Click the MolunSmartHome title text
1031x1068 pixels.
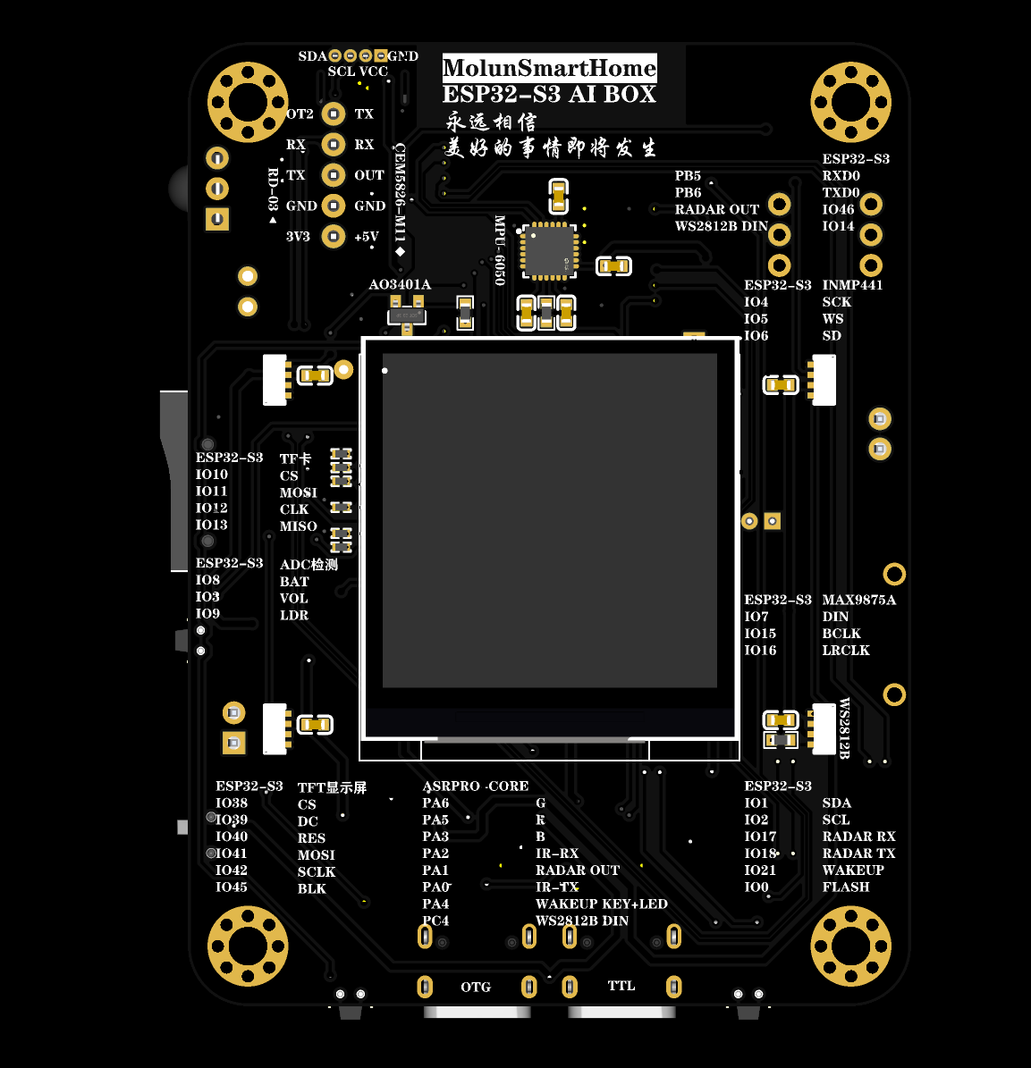coord(549,68)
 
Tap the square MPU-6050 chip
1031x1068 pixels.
coord(548,249)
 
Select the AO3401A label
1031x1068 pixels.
coord(400,284)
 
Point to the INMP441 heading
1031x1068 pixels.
coord(852,284)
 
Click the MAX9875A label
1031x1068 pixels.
coord(858,600)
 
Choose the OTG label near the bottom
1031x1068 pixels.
coord(476,987)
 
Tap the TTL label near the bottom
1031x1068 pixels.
coord(621,986)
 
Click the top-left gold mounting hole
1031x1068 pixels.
coord(248,102)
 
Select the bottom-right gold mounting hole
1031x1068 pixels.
coord(850,946)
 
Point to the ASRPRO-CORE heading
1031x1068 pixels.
coord(476,786)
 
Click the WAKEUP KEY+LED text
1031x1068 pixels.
coord(601,904)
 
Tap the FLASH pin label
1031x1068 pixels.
coord(845,887)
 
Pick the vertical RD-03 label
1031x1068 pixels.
coord(274,190)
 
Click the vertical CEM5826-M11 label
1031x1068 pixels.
coord(400,193)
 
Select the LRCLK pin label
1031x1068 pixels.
coord(845,650)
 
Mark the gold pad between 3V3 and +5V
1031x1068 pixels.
coord(334,237)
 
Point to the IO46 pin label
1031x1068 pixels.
coord(838,209)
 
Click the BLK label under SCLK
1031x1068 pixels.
coord(311,888)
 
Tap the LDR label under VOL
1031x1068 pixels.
coord(293,615)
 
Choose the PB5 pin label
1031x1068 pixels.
coord(688,175)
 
